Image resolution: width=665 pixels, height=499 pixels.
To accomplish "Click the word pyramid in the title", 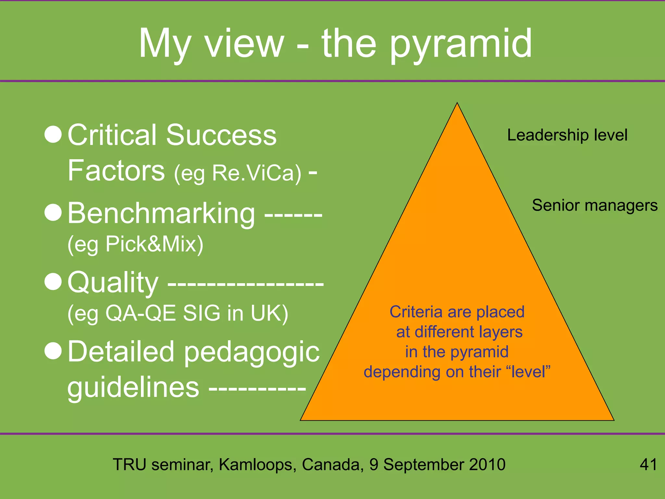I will pos(461,44).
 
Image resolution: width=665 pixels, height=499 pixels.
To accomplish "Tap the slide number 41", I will pos(648,464).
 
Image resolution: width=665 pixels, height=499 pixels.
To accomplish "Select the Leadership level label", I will pos(567,135).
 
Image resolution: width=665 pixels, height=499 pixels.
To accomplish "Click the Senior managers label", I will pos(595,205).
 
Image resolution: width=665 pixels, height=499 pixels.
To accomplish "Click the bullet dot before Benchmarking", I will pos(53,212).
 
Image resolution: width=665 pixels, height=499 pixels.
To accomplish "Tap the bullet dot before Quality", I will pos(53,281).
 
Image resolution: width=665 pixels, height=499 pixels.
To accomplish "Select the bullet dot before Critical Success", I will pos(53,134).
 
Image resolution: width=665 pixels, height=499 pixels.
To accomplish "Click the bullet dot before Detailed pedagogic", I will pos(53,351).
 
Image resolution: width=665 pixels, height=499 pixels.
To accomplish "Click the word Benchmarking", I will pos(161,213).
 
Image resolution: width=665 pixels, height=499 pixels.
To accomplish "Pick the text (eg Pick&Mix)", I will pos(135,244).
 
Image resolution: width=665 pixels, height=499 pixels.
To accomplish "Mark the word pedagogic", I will pos(252,352).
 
